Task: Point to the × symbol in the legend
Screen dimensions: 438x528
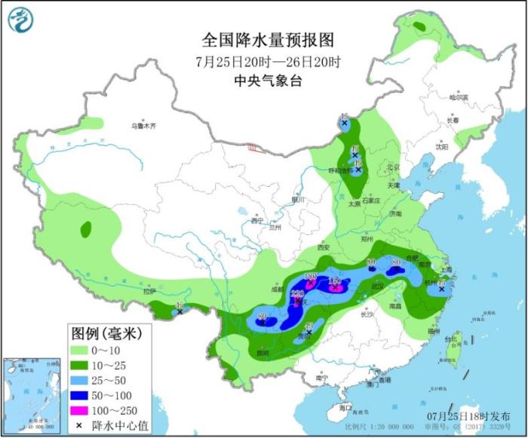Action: pyautogui.click(x=79, y=425)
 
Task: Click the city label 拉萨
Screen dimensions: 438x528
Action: pyautogui.click(x=149, y=290)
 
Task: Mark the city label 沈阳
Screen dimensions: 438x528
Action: pyautogui.click(x=441, y=148)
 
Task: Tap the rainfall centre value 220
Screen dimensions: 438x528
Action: pyautogui.click(x=297, y=295)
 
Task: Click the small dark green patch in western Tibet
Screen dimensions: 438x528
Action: pyautogui.click(x=86, y=228)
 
